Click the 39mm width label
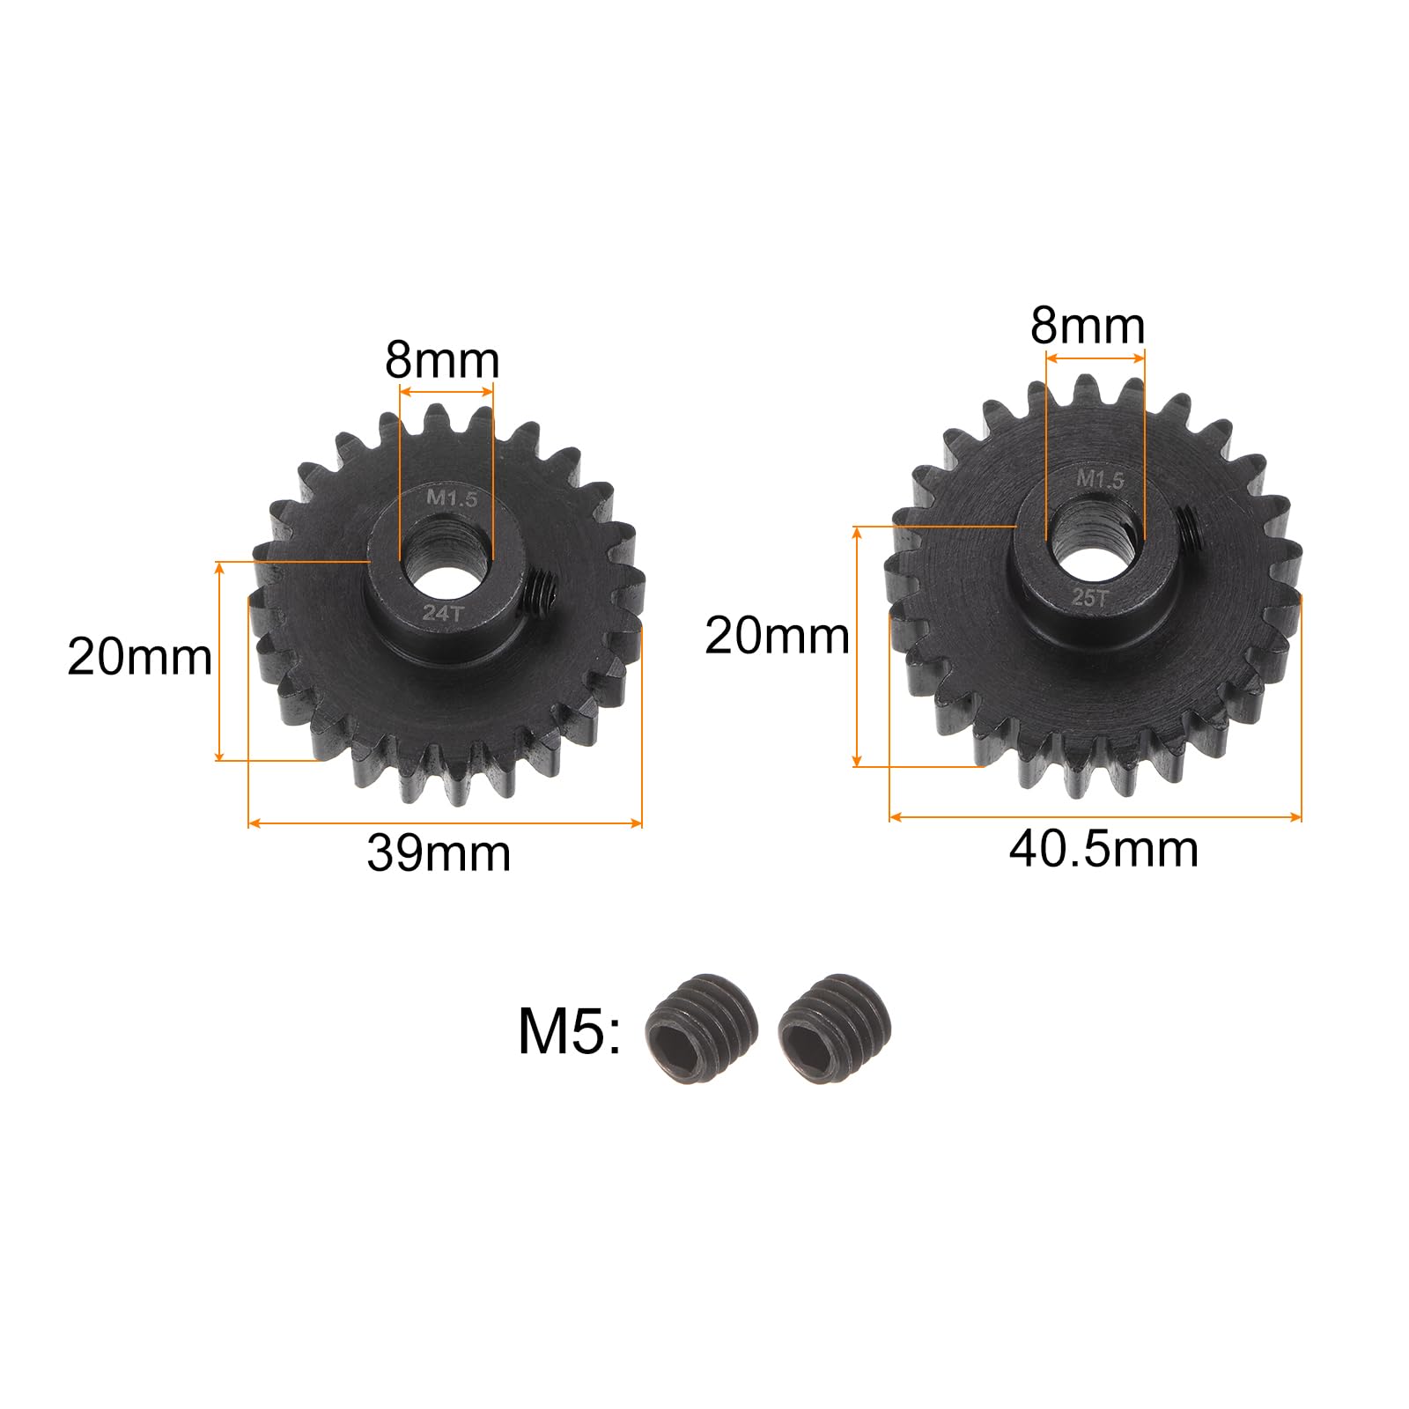click(439, 853)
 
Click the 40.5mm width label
click(1103, 850)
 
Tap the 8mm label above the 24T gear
click(442, 360)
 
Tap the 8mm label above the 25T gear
click(1088, 326)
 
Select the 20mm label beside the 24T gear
click(139, 657)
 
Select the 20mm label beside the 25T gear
click(777, 636)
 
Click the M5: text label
click(569, 1031)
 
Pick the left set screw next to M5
click(701, 1027)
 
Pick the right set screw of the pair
click(835, 1027)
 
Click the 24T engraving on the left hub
click(441, 614)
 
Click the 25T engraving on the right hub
click(1089, 598)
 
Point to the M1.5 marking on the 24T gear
click(452, 498)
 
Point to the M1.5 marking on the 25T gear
click(1101, 480)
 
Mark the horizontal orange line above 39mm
click(445, 823)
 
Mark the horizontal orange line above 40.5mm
click(1095, 817)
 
